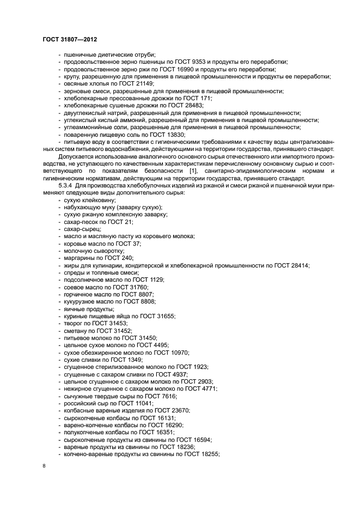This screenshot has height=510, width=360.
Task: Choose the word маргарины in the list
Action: (x=78, y=258)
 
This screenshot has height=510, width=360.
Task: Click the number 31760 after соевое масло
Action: (x=137, y=287)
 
